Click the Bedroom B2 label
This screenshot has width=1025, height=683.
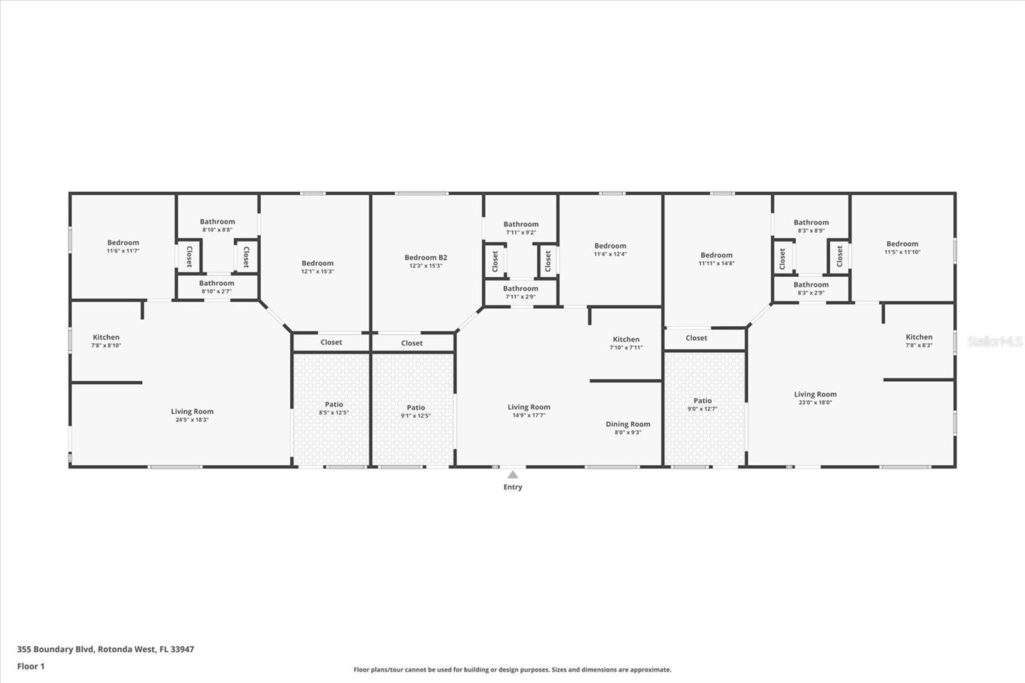[425, 258]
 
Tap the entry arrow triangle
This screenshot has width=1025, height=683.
[512, 475]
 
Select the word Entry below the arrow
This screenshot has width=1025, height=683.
[512, 487]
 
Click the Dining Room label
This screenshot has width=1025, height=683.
[628, 424]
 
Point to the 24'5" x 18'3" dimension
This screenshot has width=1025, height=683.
[192, 420]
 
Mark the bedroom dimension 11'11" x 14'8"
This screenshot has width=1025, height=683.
[716, 263]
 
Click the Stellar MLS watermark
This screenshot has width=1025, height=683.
[995, 341]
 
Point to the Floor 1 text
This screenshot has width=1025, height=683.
[31, 666]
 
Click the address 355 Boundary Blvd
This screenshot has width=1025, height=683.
[56, 649]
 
